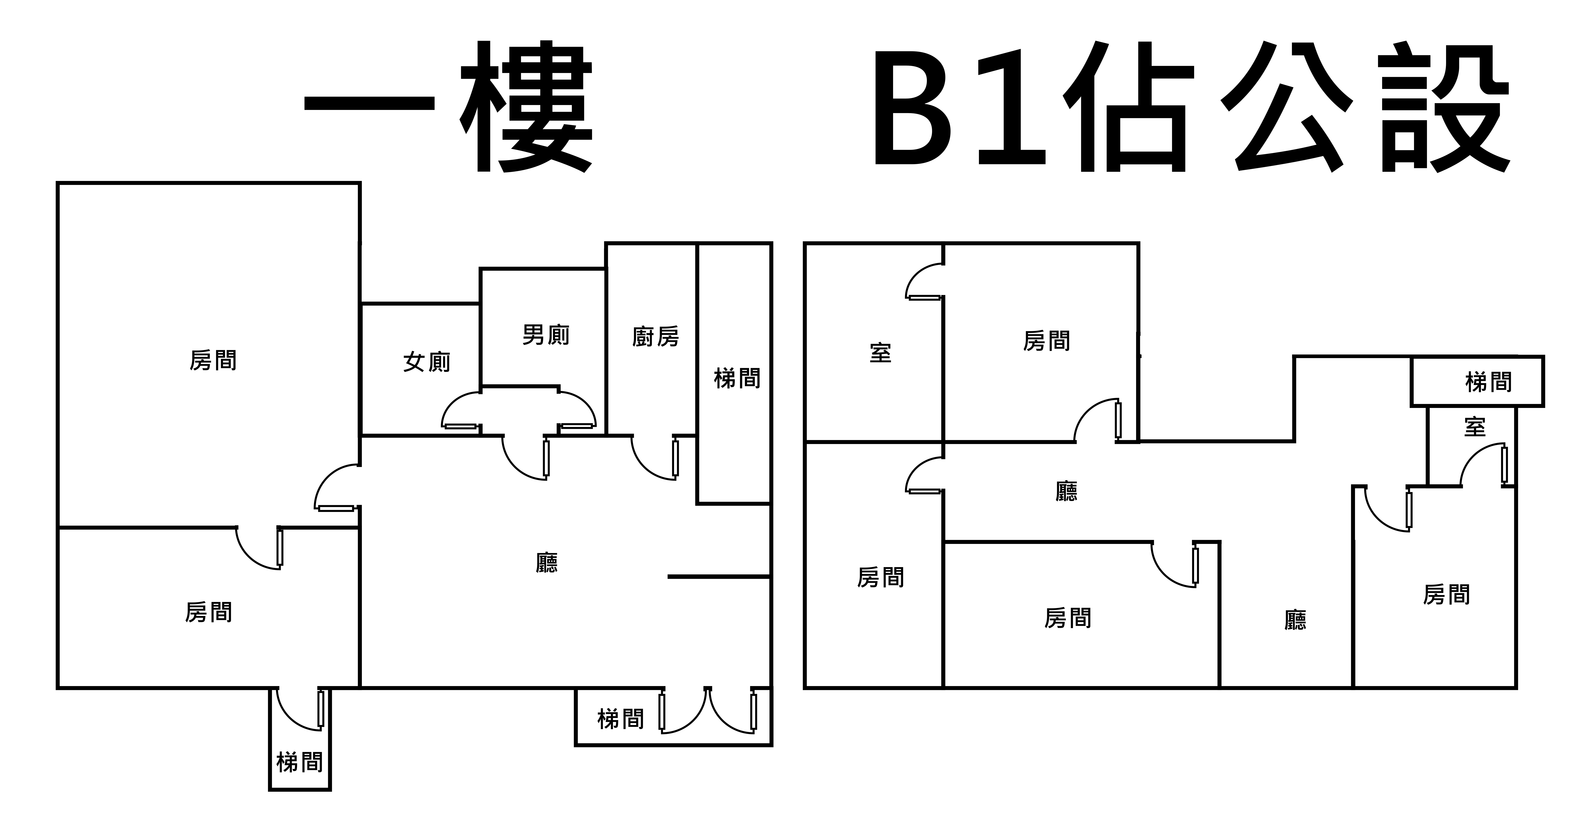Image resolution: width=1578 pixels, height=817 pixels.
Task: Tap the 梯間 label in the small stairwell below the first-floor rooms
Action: [x=300, y=762]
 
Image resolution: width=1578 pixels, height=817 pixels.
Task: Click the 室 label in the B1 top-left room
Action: [x=880, y=353]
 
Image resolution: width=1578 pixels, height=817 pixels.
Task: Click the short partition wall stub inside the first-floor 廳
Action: [x=718, y=576]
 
